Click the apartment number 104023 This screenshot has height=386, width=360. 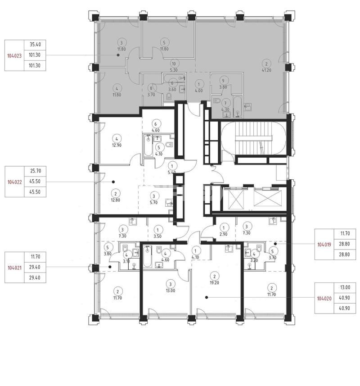point(14,56)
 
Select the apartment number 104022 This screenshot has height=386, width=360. point(14,182)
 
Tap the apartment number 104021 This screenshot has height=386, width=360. point(14,268)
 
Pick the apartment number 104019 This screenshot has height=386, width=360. point(324,245)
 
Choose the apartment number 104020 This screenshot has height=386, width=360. point(324,298)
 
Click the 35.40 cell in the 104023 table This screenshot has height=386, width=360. point(35,45)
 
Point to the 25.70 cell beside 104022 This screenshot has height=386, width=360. point(35,171)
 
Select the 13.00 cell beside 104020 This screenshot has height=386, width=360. point(345,287)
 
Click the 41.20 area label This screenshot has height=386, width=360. point(266,70)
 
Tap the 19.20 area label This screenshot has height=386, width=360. point(215,282)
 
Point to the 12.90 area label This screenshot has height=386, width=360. point(117,145)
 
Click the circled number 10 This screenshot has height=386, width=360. point(174,64)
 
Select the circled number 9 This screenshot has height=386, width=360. point(223,81)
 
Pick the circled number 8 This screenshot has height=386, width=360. point(151,88)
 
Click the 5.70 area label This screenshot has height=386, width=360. point(154,203)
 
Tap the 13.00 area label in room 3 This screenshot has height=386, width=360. point(171,291)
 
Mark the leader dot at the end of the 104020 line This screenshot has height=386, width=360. point(207,297)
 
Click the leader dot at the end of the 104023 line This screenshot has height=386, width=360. point(118,55)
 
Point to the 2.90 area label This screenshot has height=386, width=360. point(223,234)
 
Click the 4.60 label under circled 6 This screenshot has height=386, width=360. point(155,131)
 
